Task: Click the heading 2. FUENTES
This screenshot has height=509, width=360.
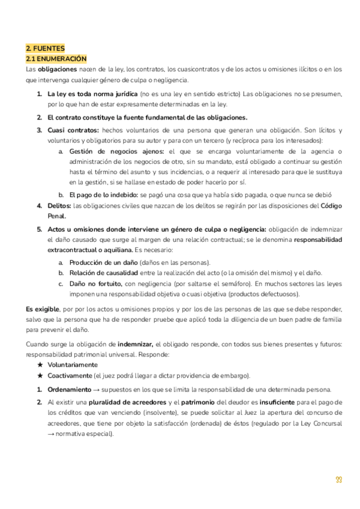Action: pyautogui.click(x=45, y=49)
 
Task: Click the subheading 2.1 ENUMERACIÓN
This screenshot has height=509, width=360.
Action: pyautogui.click(x=56, y=59)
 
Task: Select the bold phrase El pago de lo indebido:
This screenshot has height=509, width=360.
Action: pyautogui.click(x=104, y=195)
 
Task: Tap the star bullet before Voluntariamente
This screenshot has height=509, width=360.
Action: pyautogui.click(x=39, y=365)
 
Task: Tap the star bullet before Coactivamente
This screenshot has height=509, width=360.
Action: pyautogui.click(x=39, y=376)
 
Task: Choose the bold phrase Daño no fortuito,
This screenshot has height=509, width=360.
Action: pyautogui.click(x=97, y=283)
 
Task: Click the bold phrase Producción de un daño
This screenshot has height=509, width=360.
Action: pyautogui.click(x=103, y=263)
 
